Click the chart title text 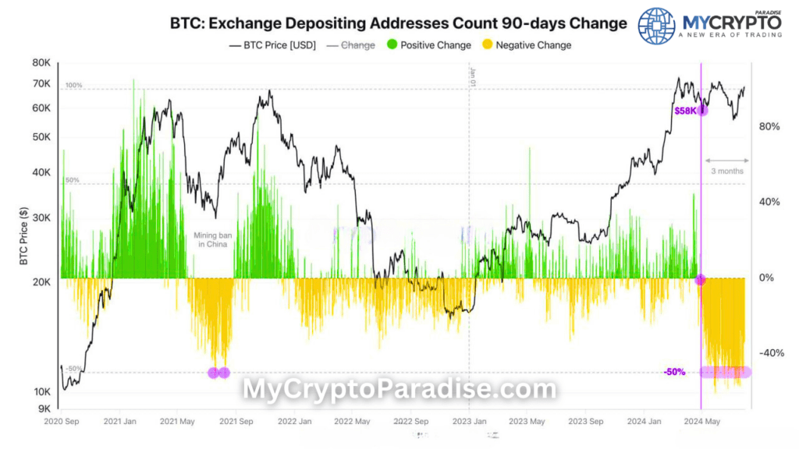(398, 23)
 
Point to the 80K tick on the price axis (41, 62)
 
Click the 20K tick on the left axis (41, 282)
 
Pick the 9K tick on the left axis (44, 408)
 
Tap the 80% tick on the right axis (769, 126)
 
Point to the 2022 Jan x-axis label (296, 422)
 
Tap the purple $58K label (685, 111)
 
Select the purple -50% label (674, 372)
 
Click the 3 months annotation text (727, 171)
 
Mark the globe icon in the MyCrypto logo (656, 25)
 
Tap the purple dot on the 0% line (700, 279)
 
